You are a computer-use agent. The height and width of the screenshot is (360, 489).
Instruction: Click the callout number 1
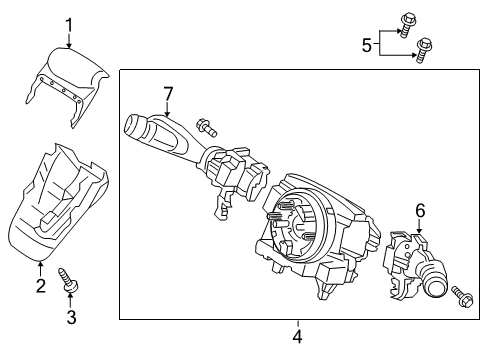[68, 24]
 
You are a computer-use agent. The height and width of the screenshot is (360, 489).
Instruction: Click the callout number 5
[367, 43]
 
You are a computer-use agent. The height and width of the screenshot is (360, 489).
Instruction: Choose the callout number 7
[168, 94]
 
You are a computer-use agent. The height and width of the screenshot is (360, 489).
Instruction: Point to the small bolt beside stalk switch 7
[206, 127]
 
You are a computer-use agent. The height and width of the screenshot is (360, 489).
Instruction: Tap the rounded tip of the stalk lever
[133, 126]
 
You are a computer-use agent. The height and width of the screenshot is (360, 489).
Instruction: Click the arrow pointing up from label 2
[40, 268]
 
